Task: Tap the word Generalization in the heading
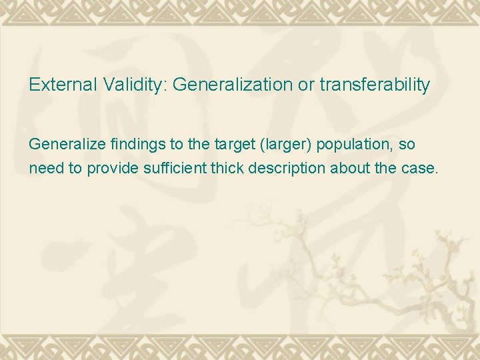point(233,85)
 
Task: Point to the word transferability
point(375,85)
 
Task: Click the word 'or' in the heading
point(306,85)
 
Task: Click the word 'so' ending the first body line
point(407,144)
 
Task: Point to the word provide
point(110,169)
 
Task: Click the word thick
point(226,169)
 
